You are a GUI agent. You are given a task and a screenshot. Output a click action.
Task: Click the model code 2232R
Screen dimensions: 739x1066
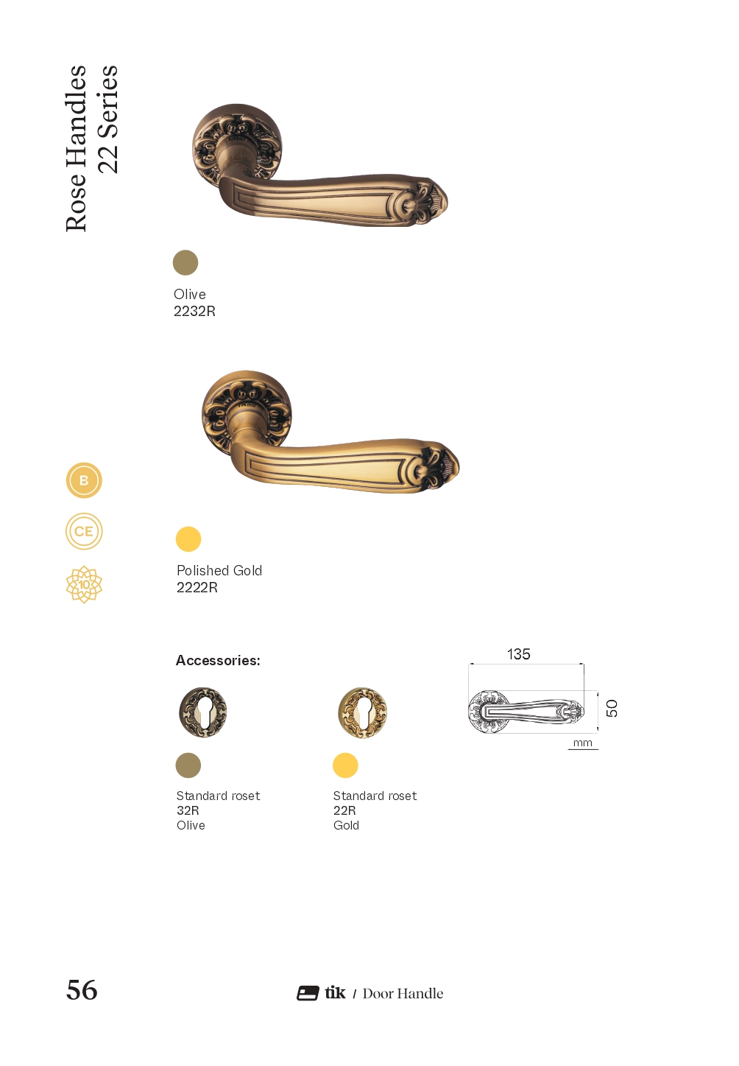194,311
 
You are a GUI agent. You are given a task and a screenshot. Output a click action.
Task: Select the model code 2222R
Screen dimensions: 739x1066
197,588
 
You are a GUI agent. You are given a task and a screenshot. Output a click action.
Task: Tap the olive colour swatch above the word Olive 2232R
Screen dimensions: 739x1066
185,263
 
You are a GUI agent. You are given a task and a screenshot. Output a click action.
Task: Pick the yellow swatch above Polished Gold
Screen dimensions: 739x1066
188,539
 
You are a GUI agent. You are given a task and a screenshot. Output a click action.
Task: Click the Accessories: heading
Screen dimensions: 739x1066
218,661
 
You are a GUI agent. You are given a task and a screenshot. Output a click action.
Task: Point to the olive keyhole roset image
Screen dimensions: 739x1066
203,712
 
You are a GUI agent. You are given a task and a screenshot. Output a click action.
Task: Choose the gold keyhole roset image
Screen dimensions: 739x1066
362,712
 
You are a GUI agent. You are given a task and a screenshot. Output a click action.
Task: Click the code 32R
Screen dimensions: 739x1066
188,810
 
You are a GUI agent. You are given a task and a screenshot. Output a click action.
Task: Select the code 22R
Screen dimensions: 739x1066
344,810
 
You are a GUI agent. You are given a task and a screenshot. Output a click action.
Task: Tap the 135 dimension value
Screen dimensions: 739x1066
518,654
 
